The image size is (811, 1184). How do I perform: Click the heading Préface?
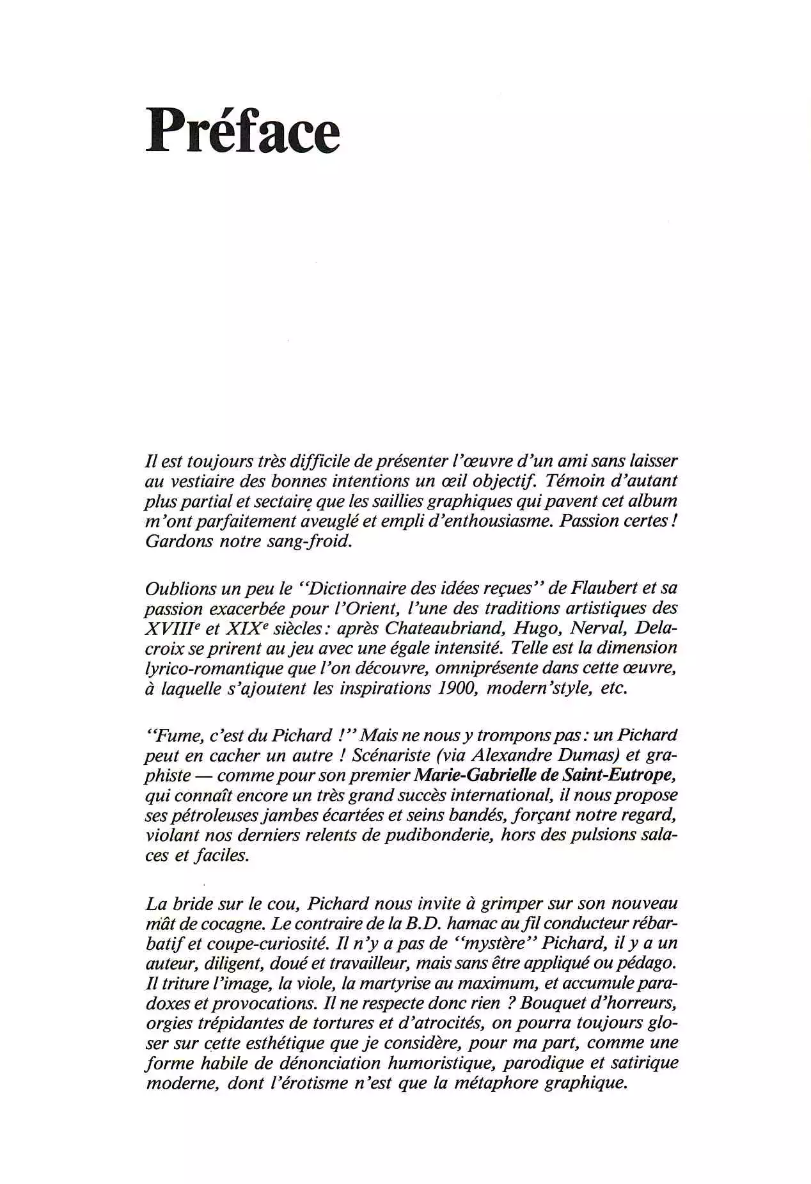click(x=242, y=129)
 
